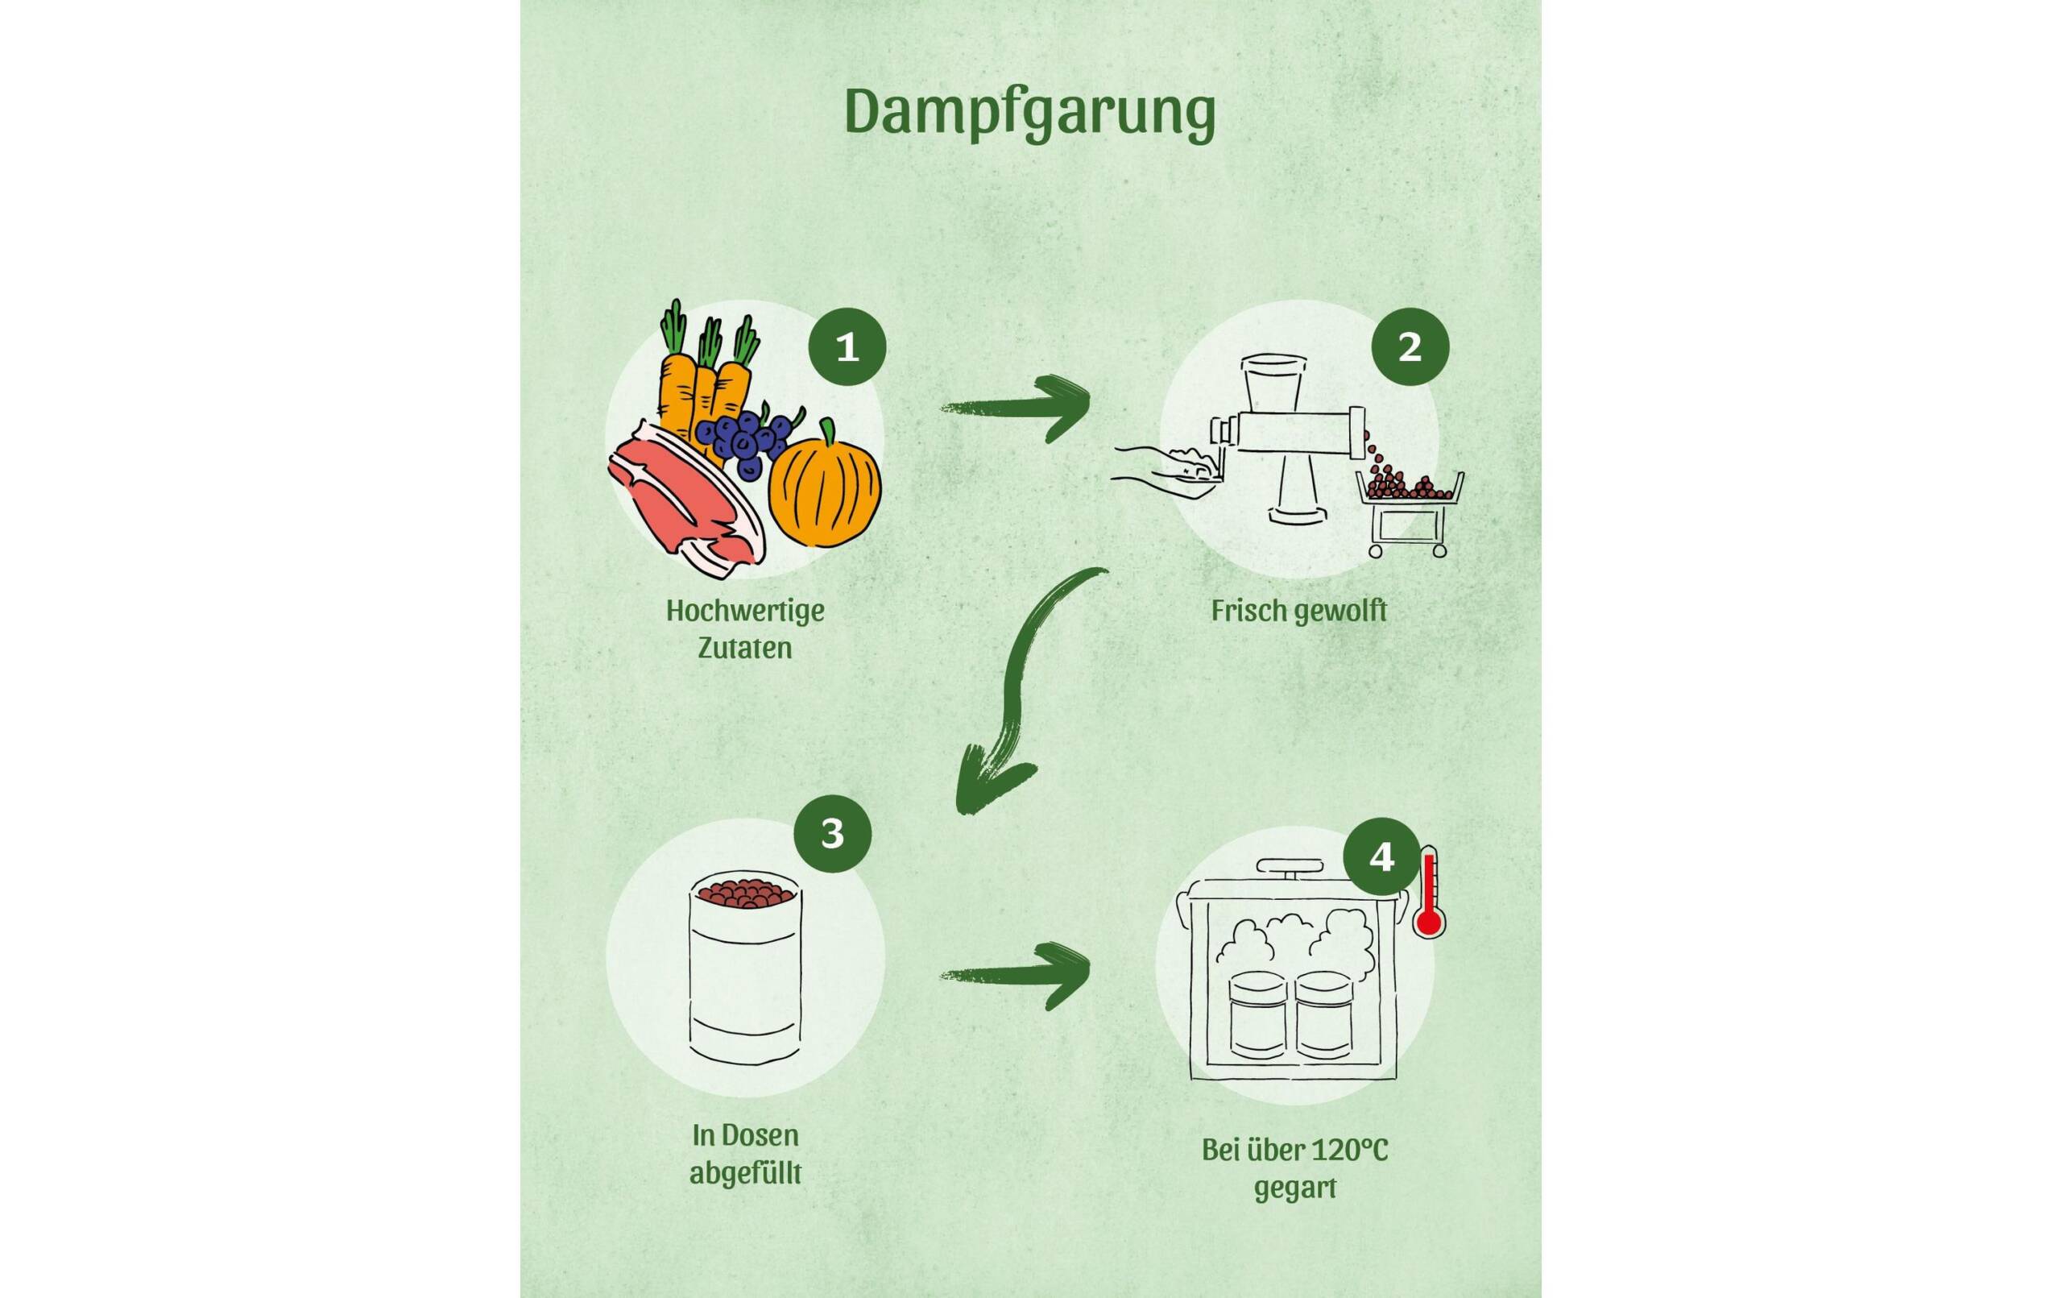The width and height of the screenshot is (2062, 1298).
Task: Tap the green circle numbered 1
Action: (847, 347)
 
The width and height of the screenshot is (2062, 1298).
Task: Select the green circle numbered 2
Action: (1410, 347)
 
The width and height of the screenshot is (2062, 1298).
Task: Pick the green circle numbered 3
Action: (832, 834)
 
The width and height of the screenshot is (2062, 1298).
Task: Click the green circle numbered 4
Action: (1381, 856)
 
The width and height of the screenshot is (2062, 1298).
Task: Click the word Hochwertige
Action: (745, 611)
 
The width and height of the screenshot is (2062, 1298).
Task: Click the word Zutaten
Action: (744, 648)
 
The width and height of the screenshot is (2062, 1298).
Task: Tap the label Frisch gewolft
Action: (1298, 611)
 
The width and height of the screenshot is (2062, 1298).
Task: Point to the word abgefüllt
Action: (745, 1173)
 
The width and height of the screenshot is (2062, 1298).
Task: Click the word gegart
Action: (1294, 1188)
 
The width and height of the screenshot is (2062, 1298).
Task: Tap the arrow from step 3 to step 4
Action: (1019, 975)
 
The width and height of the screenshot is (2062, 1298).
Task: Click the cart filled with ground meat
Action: (1410, 510)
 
